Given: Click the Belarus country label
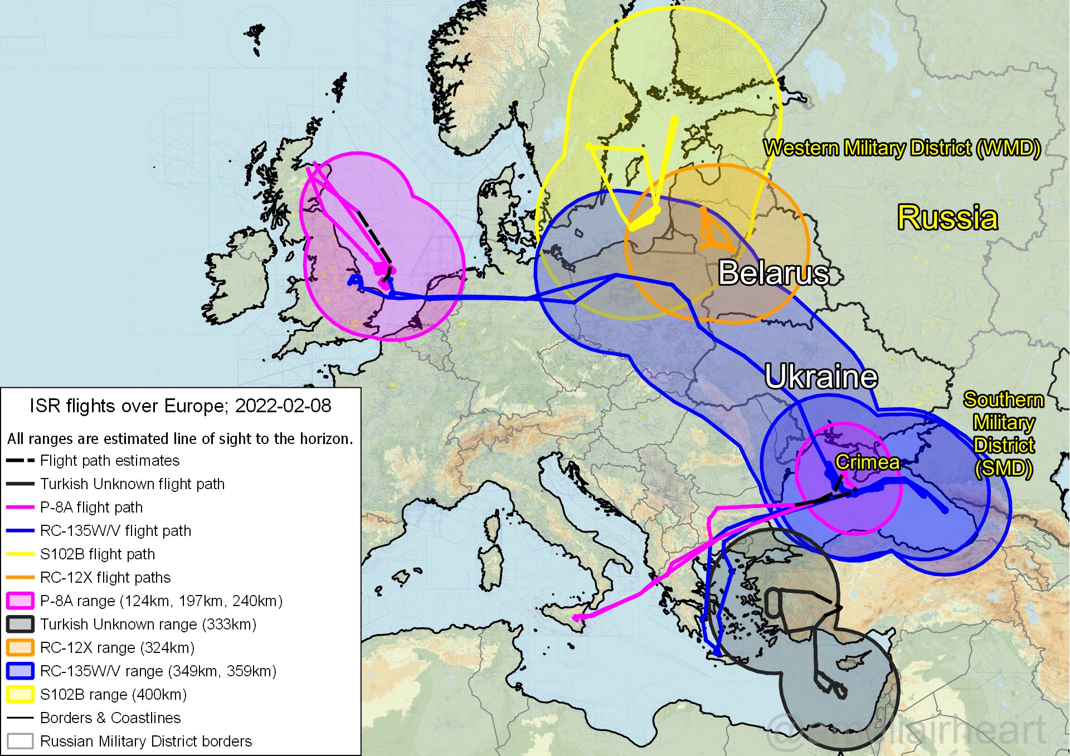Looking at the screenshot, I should pos(774,273).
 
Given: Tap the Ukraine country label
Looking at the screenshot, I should pos(821,377).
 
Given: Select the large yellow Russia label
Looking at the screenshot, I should pos(947,217).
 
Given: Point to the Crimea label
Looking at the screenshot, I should pos(867,462).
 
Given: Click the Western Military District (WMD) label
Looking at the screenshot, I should pos(902,148).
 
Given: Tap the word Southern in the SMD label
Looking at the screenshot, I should pos(1003,400).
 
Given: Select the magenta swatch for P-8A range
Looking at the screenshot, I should pos(21,601).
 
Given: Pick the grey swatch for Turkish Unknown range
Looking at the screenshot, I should pos(21,624).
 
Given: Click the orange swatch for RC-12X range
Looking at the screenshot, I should pos(21,647).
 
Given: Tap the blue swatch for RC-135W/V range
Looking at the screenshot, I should pos(21,671).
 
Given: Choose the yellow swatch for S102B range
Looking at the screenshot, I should pos(21,694).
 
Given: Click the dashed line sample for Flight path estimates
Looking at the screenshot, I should pos(21,461).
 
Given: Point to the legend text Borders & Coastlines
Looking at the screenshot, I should pos(110,718).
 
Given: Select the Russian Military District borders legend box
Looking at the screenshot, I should pos(21,741).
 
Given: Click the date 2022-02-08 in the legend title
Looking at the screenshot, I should pos(283,406).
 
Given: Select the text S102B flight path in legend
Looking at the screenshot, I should pos(98,554).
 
